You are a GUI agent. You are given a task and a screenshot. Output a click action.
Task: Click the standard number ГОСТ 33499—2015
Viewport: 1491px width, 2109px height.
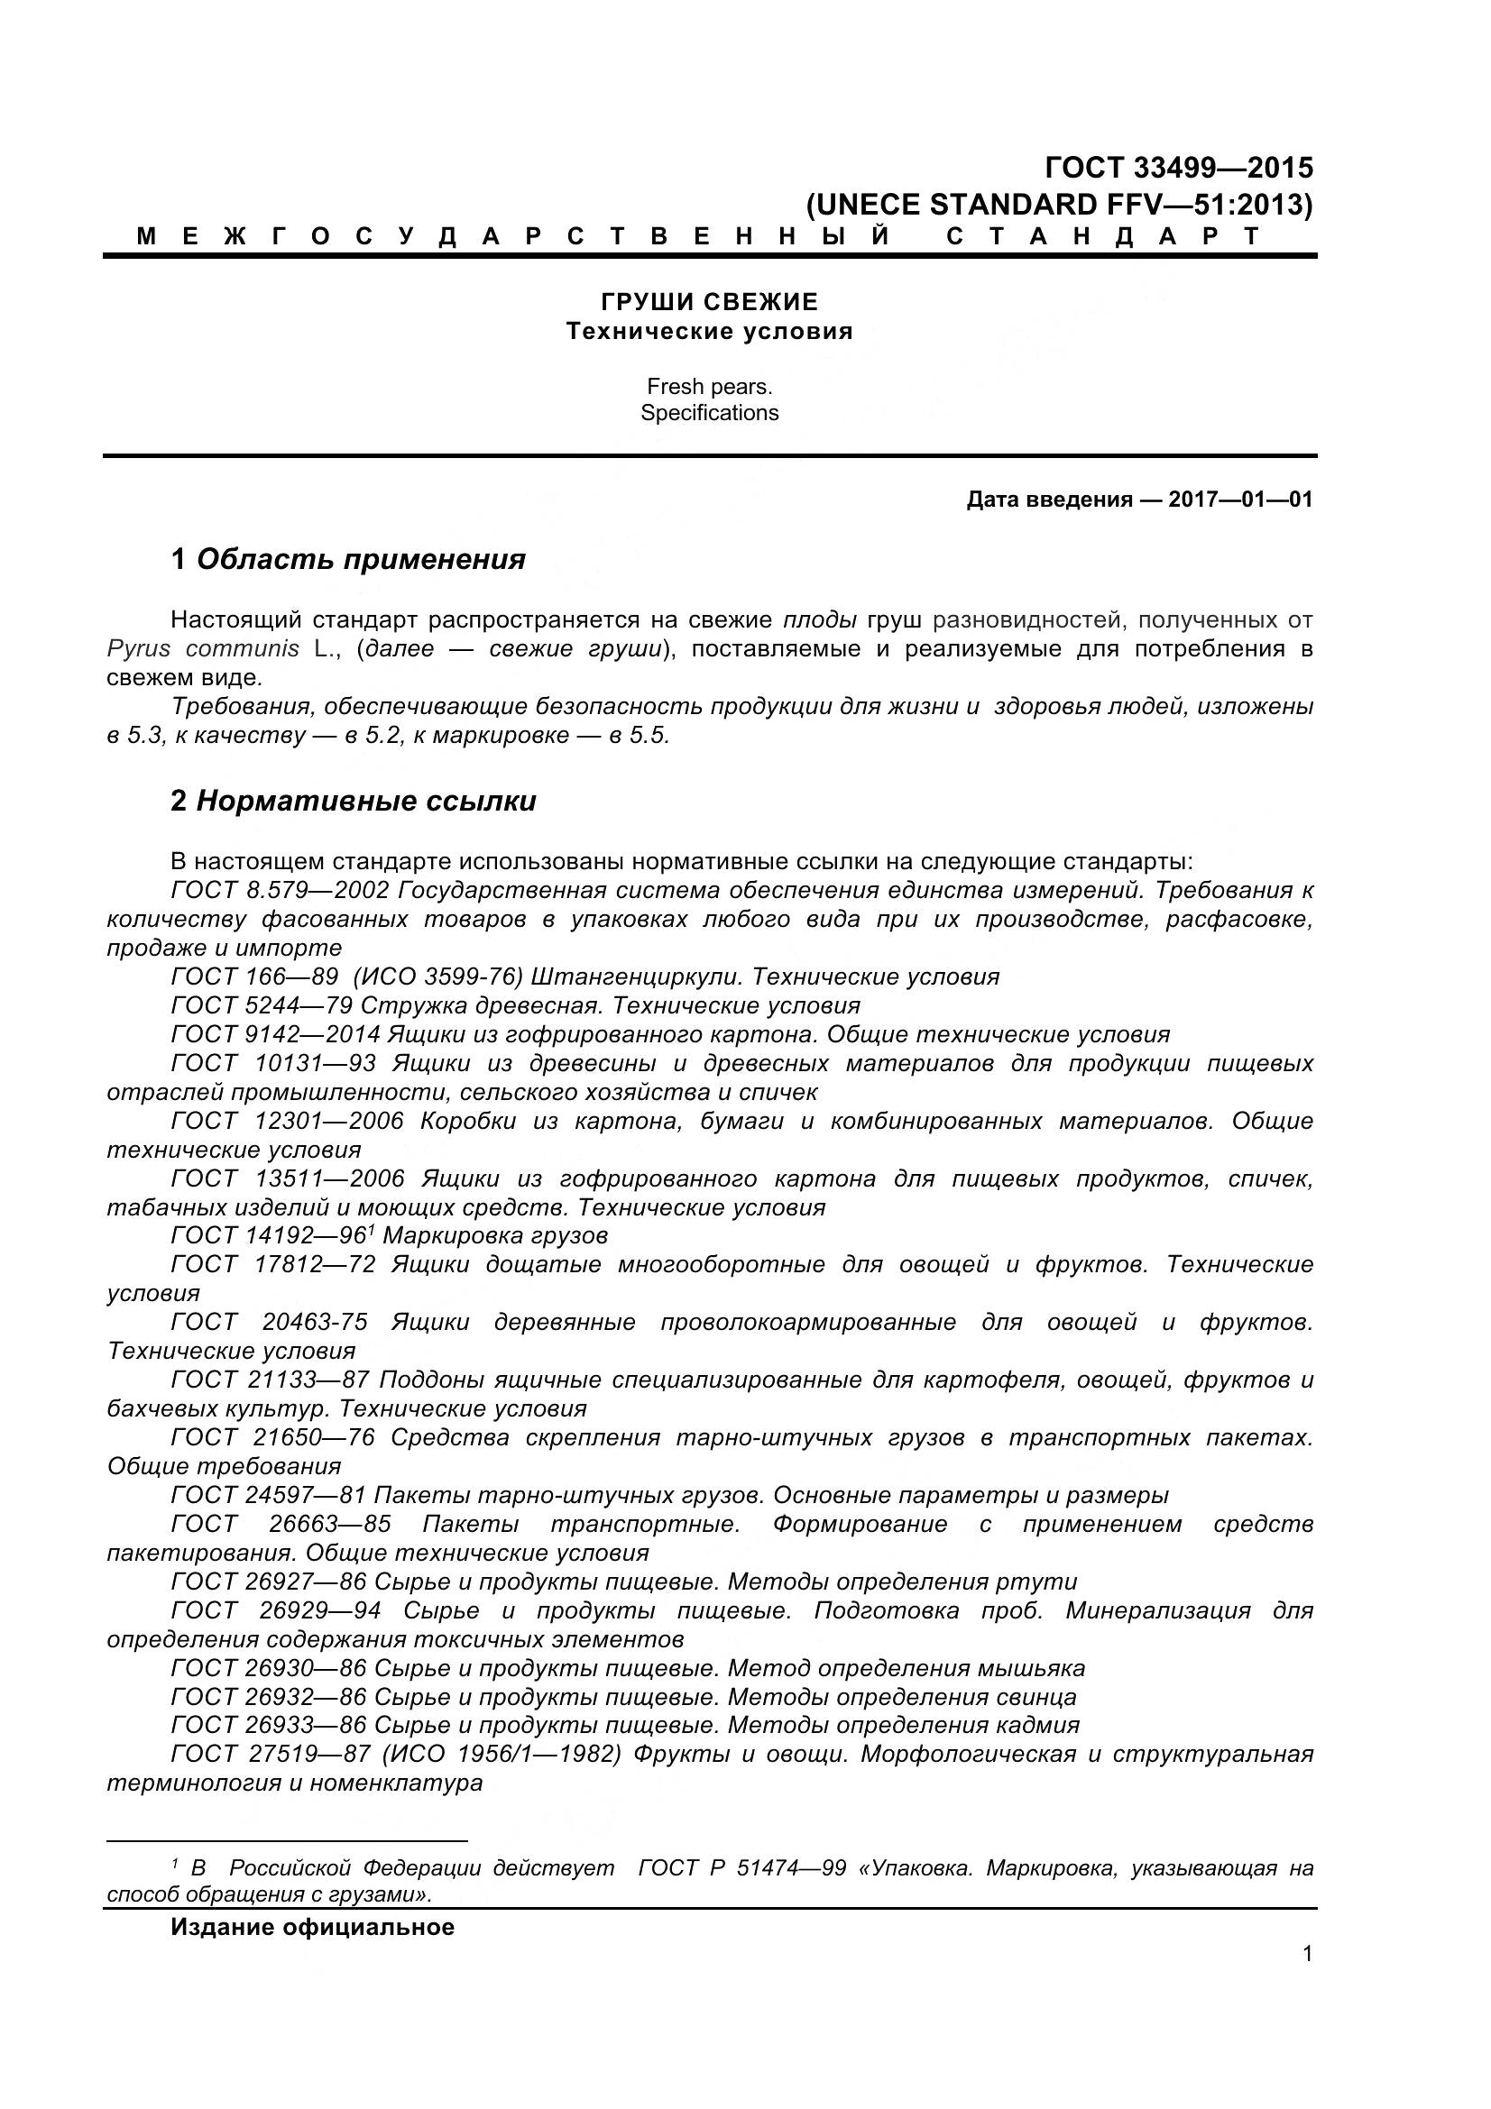(x=1179, y=168)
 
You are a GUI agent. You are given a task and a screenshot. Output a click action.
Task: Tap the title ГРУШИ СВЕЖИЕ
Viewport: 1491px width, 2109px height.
(x=709, y=302)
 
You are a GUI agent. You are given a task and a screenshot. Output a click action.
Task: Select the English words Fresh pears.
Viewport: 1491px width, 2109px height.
(x=709, y=387)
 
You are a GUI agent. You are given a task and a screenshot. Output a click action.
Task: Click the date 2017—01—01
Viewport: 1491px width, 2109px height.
(x=1240, y=500)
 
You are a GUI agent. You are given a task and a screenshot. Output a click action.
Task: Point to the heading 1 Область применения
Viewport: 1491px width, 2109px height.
(x=348, y=558)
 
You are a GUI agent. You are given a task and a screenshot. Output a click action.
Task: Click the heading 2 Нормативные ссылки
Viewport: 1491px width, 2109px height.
(x=354, y=801)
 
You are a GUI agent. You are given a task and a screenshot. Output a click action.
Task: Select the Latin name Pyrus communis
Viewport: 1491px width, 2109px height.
(x=203, y=648)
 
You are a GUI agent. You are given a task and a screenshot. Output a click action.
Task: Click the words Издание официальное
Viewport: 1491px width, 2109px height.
(x=312, y=1927)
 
